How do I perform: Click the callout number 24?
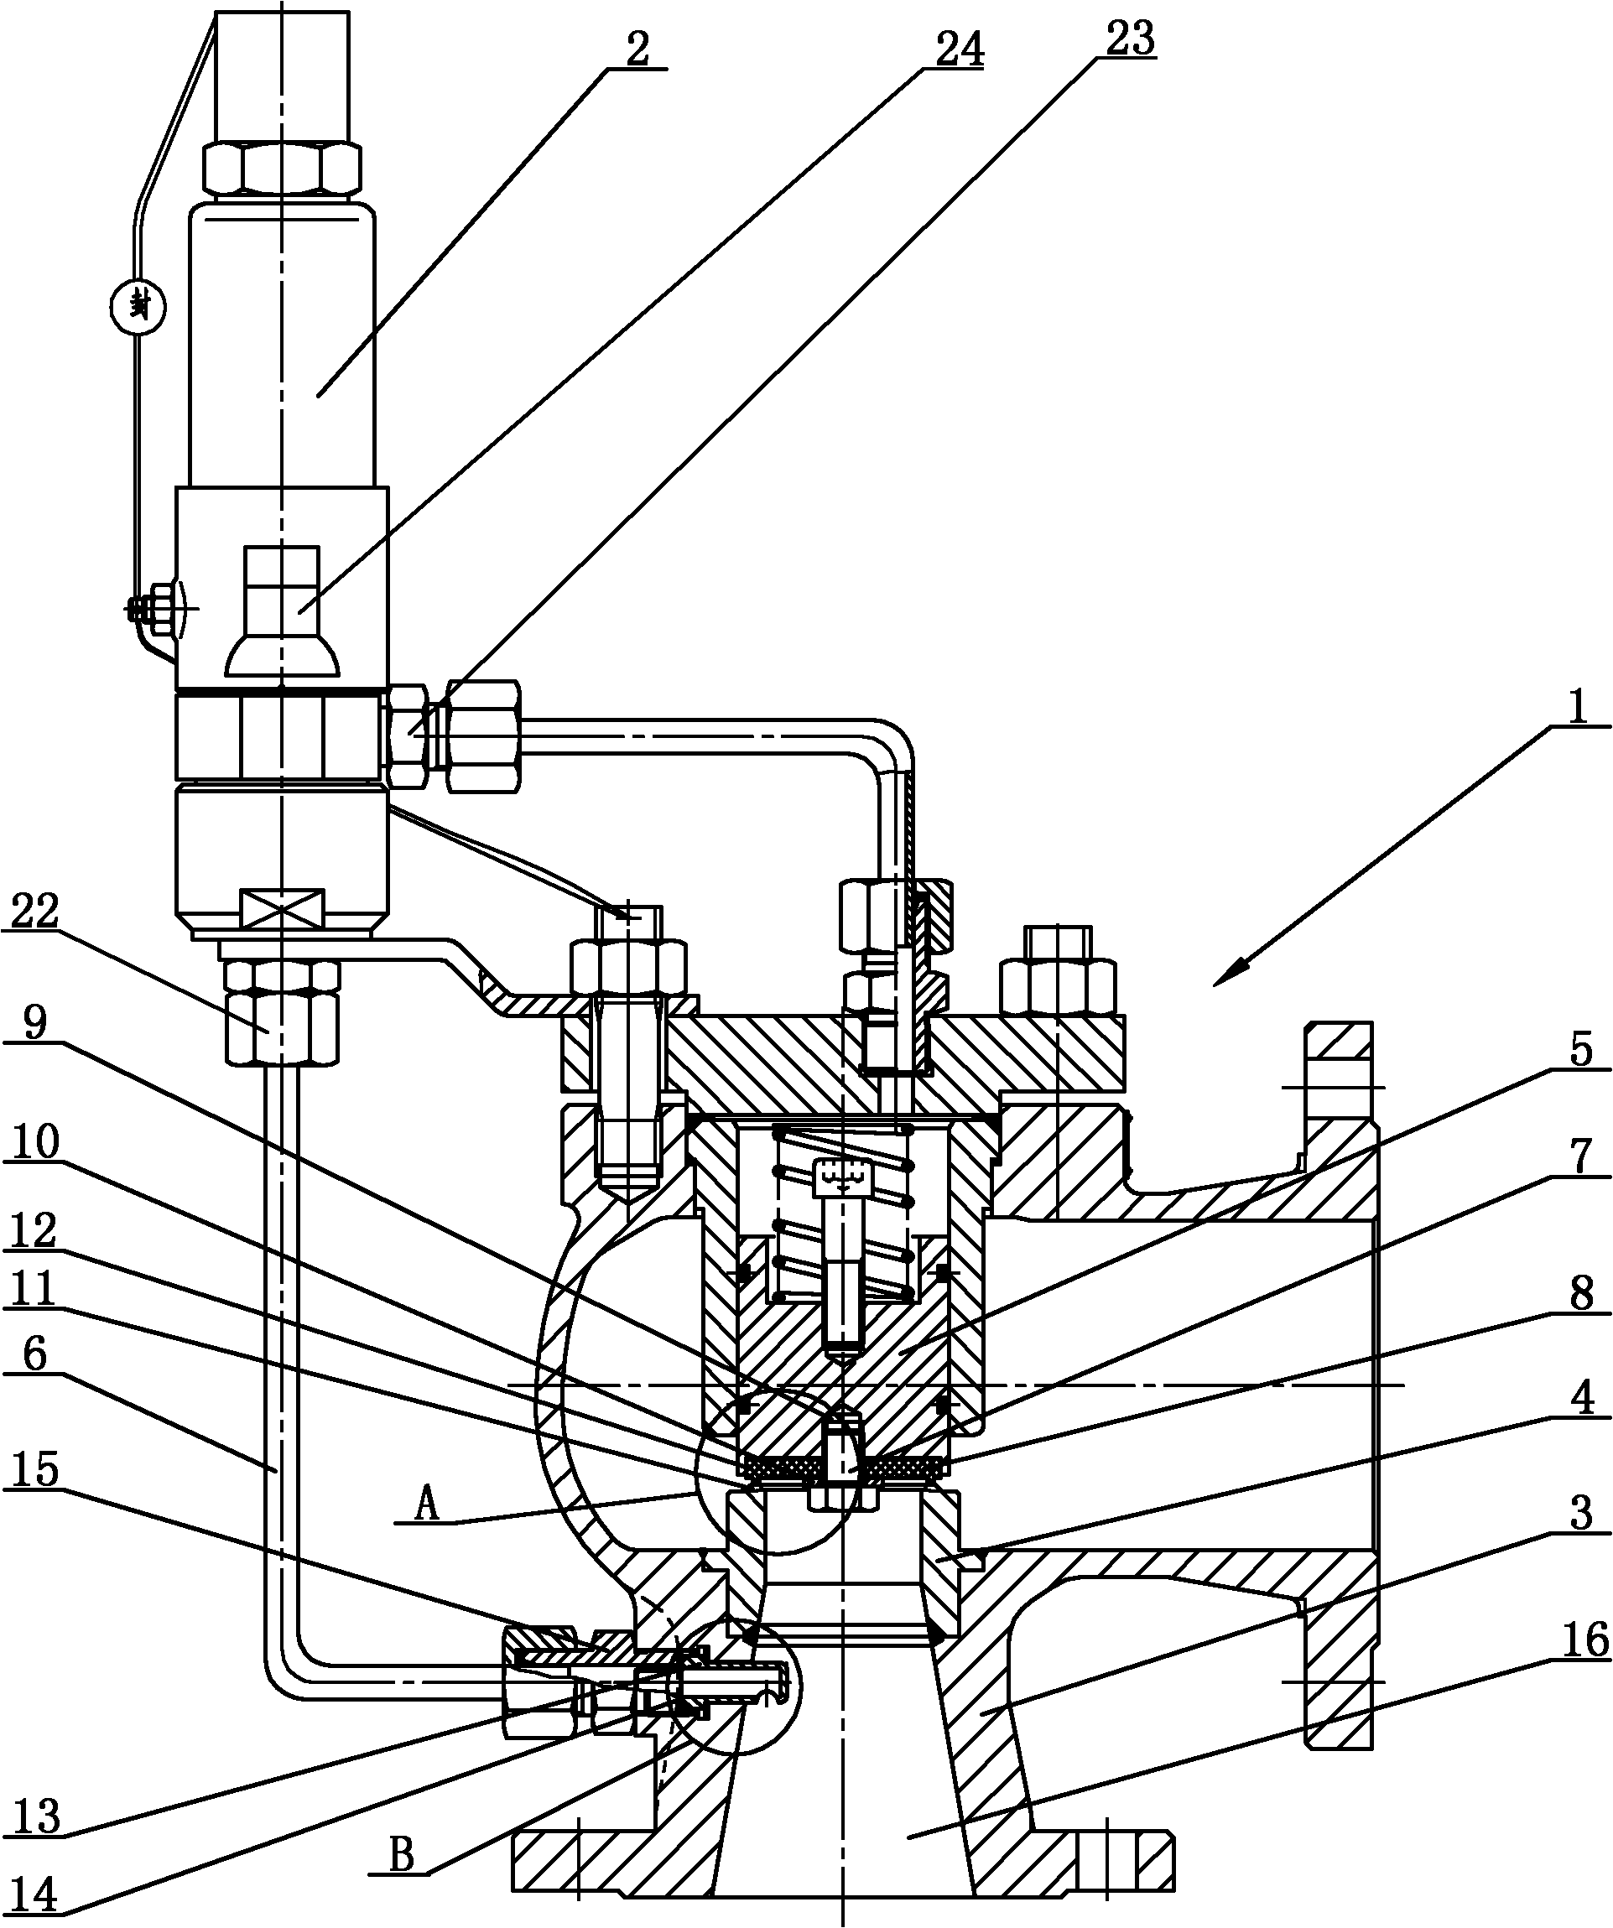pyautogui.click(x=959, y=49)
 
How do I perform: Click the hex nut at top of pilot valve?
pyautogui.click(x=281, y=167)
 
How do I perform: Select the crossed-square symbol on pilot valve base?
pyautogui.click(x=281, y=907)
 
